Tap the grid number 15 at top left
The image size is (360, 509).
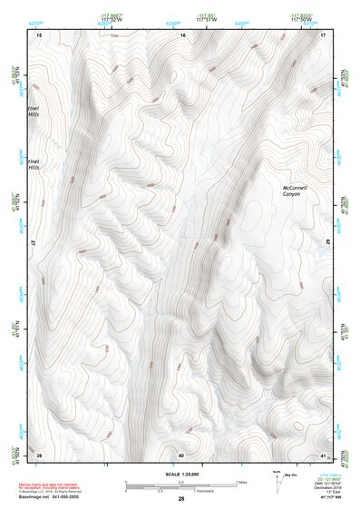39,34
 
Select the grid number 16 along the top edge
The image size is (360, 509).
182,34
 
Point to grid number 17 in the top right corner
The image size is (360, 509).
323,34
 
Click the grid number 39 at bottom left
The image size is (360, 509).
39,454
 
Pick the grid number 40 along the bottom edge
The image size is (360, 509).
181,454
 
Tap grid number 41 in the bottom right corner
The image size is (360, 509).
323,454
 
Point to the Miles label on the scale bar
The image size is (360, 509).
240,481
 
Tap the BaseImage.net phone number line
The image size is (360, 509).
57,498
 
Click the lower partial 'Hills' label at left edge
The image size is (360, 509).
35,167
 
